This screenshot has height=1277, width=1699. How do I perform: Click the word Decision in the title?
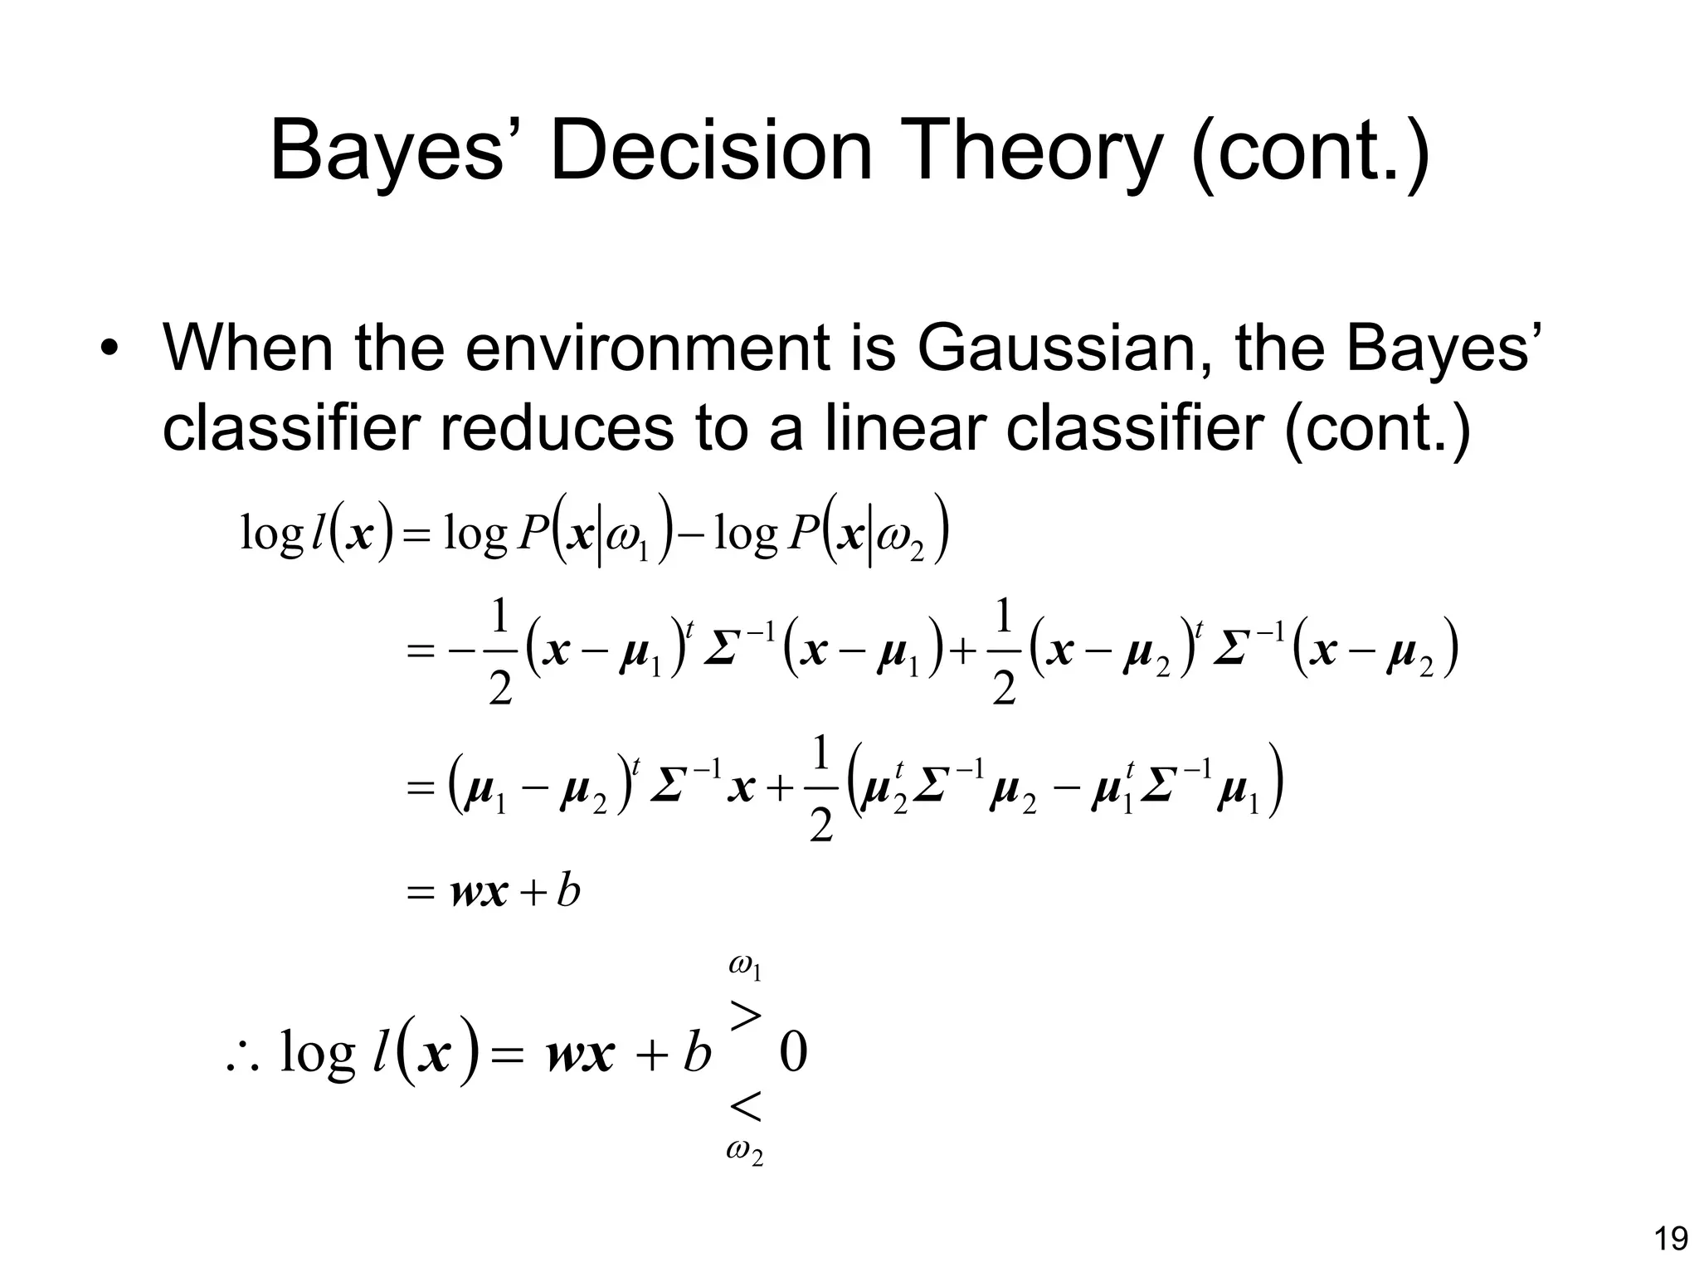click(710, 152)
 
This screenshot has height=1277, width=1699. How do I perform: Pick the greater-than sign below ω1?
click(745, 1014)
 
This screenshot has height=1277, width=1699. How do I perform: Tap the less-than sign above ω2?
click(745, 1106)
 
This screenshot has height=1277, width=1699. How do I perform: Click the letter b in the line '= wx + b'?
click(568, 893)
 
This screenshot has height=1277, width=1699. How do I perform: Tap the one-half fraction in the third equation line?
click(820, 791)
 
